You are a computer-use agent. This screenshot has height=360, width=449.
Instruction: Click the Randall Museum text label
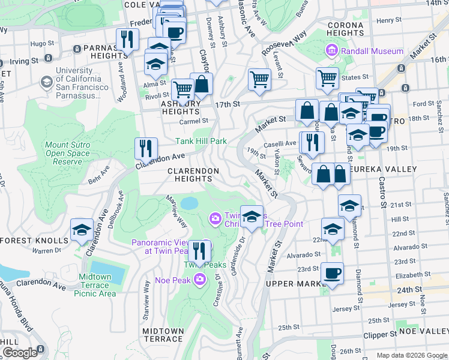coord(372,51)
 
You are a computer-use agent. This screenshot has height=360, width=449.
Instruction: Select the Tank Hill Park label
coord(200,142)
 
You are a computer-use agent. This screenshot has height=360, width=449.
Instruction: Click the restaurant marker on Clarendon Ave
coord(146,148)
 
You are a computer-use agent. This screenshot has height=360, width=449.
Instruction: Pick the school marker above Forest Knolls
coord(82,230)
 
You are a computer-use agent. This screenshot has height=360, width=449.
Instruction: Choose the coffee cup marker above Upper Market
coord(332,274)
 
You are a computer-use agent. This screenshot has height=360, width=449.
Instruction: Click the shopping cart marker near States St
coord(327,79)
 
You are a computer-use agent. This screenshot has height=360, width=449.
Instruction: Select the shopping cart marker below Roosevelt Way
coord(259,80)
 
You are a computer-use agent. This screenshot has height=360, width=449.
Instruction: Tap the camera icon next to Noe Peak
coord(200,279)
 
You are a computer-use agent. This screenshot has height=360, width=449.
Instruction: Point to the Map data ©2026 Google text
coord(411,355)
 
